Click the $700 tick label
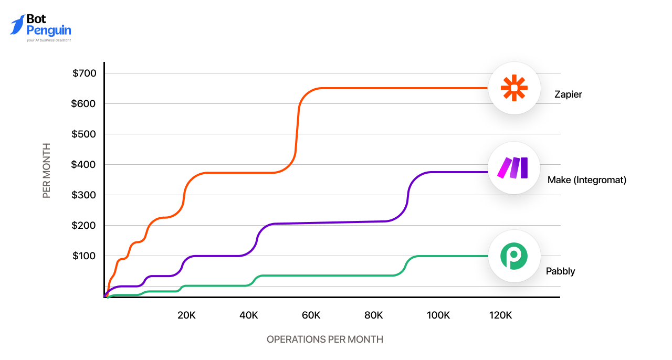(85, 73)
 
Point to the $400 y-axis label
(85, 164)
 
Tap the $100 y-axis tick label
(85, 256)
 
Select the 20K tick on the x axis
(186, 315)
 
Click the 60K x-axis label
(311, 315)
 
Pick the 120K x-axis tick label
(500, 315)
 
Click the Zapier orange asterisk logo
(514, 88)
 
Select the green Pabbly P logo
(514, 256)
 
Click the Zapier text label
(568, 95)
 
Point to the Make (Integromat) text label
(587, 180)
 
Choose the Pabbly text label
(560, 271)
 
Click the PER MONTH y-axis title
(47, 171)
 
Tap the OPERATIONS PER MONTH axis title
(325, 340)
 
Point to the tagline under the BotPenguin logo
(48, 40)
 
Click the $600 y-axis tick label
(85, 103)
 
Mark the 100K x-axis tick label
(438, 315)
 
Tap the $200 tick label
(85, 225)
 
